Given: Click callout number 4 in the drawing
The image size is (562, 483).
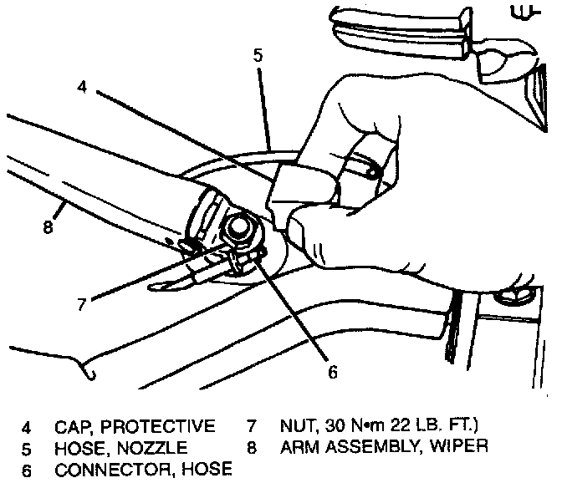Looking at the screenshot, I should pos(81,86).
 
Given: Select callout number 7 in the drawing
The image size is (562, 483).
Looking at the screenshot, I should pos(81,305).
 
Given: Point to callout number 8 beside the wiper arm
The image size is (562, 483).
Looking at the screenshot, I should pos(49,226).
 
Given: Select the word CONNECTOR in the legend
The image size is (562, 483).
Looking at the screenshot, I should pos(105,470).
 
